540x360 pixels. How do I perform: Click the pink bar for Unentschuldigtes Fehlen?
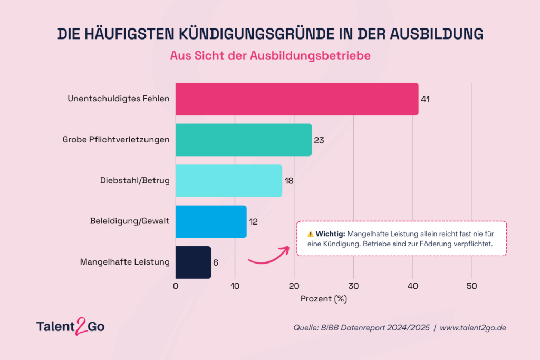(x=296, y=99)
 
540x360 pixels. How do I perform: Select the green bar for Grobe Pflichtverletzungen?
(x=243, y=140)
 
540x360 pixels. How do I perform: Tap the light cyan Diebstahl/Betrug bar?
(x=228, y=181)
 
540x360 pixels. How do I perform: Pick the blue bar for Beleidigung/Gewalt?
(x=210, y=221)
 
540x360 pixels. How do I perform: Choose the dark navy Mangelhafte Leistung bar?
(x=193, y=262)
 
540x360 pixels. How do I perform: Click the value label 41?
(x=425, y=99)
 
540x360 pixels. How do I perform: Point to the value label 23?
(x=319, y=140)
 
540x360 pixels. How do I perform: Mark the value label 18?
(x=289, y=181)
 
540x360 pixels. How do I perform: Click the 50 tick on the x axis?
(x=472, y=286)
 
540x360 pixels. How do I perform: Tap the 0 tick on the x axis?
(x=176, y=286)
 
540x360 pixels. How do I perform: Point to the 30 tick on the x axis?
(x=353, y=286)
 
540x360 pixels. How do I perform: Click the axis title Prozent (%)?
(x=324, y=299)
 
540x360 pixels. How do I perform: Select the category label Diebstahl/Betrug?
(x=135, y=181)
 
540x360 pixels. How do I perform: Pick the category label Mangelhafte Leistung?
(x=125, y=262)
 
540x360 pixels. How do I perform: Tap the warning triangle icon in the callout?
(x=310, y=233)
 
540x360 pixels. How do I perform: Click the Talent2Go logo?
(x=70, y=326)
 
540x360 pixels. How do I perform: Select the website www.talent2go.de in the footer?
(x=473, y=328)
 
